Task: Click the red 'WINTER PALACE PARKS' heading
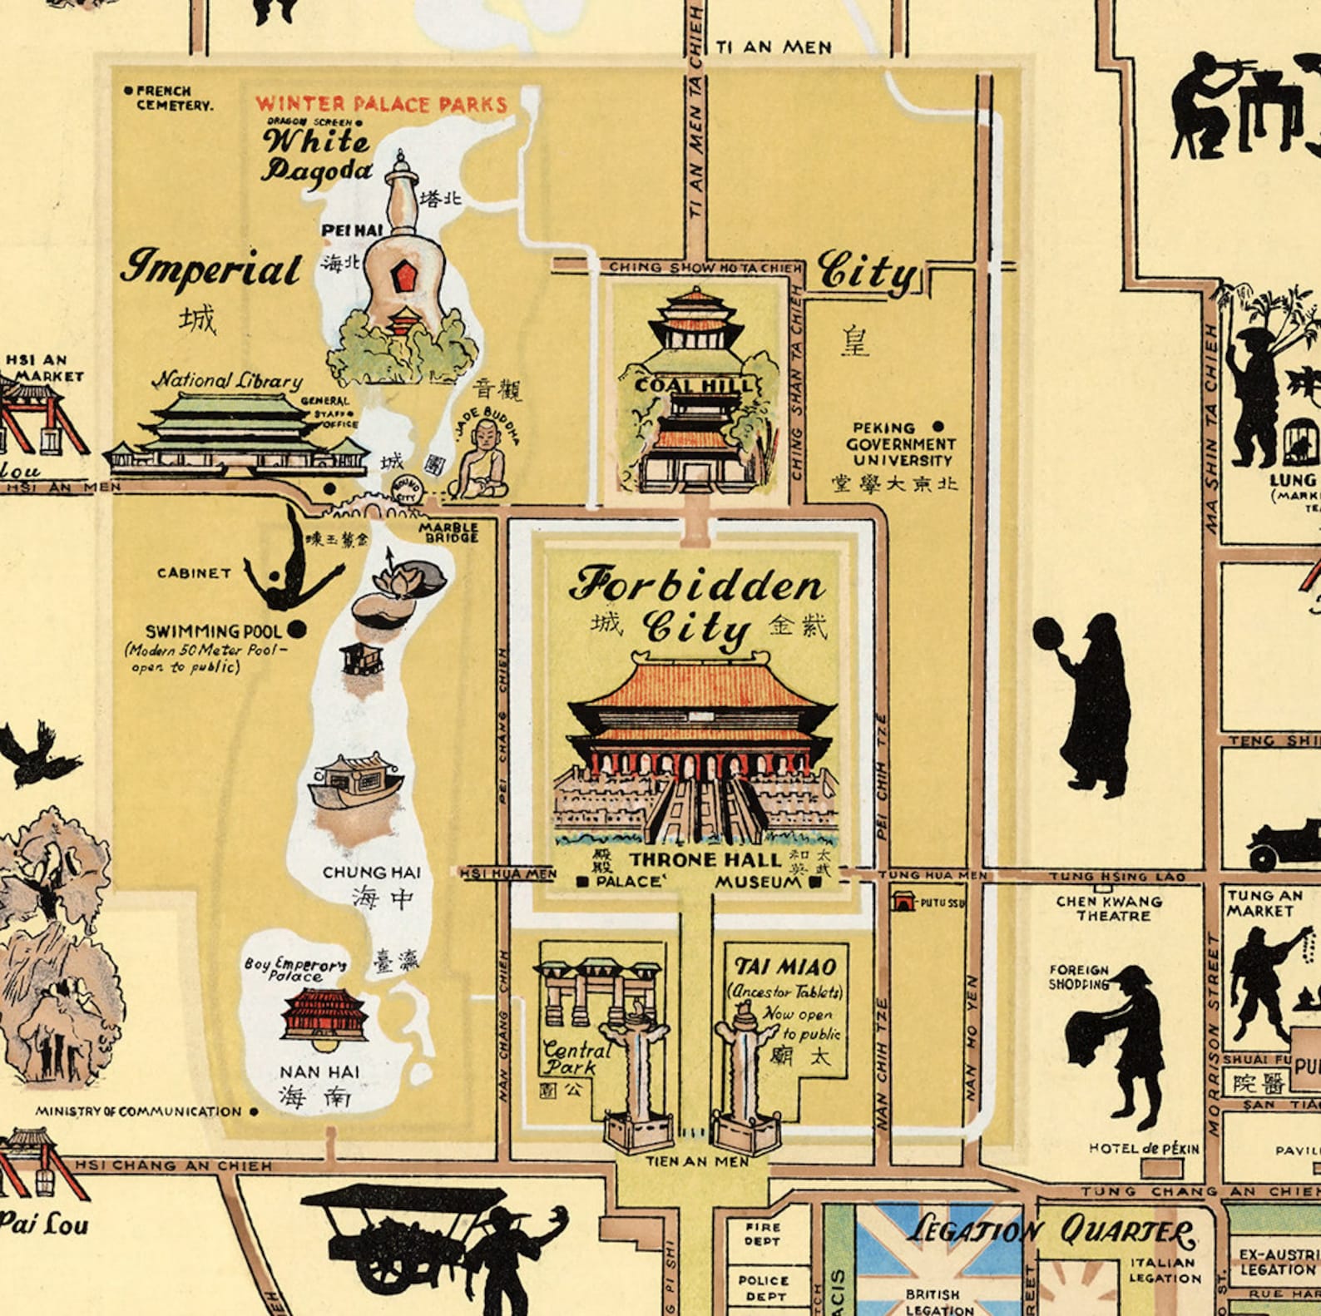(x=381, y=104)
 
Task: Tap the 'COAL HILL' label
(x=695, y=385)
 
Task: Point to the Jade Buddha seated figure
(x=479, y=462)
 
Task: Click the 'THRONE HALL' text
(x=705, y=859)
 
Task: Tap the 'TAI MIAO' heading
(x=785, y=967)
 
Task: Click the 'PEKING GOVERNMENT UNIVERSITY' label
(x=901, y=443)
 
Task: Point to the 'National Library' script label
(x=227, y=380)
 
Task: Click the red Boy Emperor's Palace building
(x=324, y=1015)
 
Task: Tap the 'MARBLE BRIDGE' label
(x=448, y=532)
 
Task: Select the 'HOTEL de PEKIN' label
(x=1144, y=1149)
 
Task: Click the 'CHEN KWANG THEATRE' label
(x=1113, y=908)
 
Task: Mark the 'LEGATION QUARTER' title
(x=1051, y=1230)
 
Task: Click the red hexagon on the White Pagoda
(x=404, y=275)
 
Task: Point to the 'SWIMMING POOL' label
(x=214, y=631)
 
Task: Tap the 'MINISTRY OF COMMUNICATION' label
(x=138, y=1111)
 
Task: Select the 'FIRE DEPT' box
(x=762, y=1234)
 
